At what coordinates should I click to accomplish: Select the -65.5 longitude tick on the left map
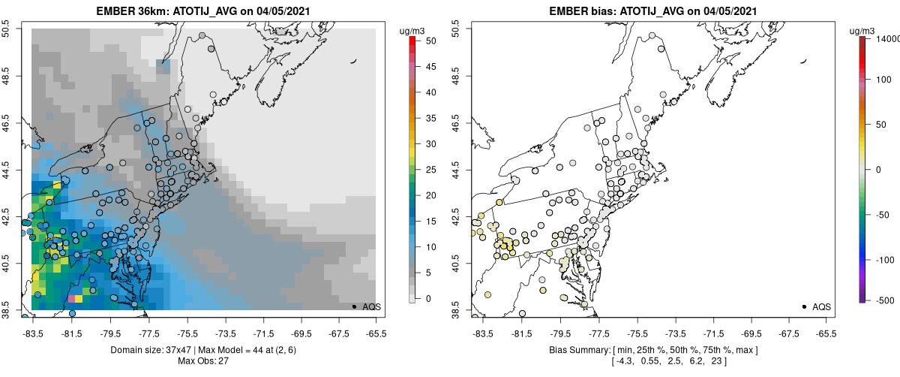click(375, 333)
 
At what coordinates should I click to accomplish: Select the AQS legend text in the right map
click(820, 306)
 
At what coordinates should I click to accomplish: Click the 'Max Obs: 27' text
click(204, 361)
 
